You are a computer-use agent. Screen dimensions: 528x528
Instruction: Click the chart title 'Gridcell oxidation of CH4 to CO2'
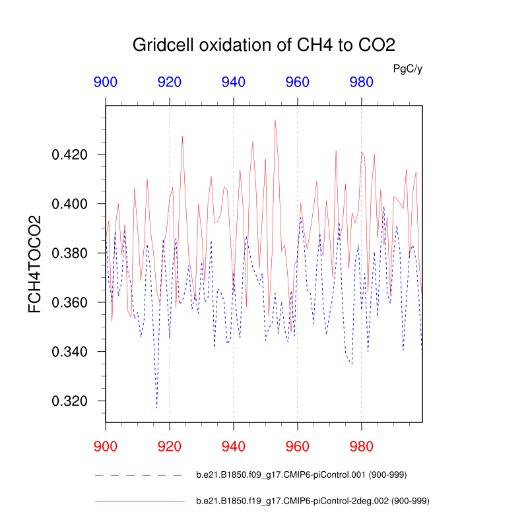pos(264,46)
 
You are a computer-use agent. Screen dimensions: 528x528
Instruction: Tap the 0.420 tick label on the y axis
pos(69,155)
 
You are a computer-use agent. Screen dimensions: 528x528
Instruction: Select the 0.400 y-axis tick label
pos(69,204)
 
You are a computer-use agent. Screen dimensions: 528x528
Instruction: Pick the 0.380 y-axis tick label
pos(69,253)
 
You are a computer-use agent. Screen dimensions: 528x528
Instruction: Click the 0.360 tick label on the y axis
pos(69,302)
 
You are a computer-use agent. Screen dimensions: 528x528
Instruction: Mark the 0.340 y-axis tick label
pos(69,352)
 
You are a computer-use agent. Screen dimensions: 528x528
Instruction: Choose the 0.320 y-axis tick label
pos(69,401)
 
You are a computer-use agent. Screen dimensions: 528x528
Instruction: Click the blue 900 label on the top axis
pos(106,82)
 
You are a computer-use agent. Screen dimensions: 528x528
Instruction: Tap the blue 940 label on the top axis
pos(234,82)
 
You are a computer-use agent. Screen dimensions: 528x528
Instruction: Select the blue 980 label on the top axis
pos(361,82)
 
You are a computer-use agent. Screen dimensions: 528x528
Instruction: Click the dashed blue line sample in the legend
pos(139,475)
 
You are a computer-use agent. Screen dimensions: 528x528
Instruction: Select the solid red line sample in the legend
pos(139,502)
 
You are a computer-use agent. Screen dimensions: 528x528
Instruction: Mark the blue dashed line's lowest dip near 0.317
pos(156,407)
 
